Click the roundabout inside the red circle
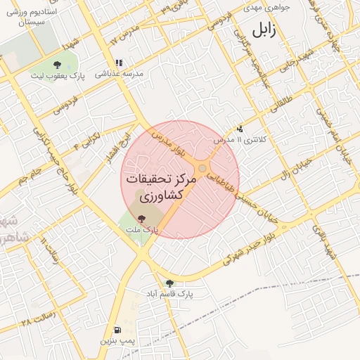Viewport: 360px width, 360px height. click(x=202, y=169)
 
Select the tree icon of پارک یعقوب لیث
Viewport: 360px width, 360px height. click(x=57, y=65)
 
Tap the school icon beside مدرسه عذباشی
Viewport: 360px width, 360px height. click(x=120, y=63)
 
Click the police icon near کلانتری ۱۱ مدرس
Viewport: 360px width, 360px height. click(x=240, y=129)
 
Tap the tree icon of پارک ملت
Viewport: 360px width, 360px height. click(x=142, y=219)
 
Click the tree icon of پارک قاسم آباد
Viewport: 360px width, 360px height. click(x=169, y=283)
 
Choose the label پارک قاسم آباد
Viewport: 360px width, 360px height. click(x=169, y=293)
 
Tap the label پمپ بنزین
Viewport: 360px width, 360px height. click(x=116, y=340)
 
